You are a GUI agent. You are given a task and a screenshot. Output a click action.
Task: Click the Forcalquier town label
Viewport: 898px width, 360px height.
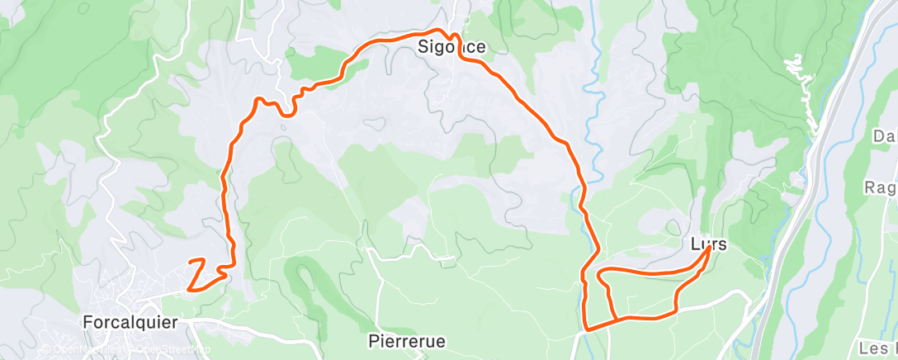130,322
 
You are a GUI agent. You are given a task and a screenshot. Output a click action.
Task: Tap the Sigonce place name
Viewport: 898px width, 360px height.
451,48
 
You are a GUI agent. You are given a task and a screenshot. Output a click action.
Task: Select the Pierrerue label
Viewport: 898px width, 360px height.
406,340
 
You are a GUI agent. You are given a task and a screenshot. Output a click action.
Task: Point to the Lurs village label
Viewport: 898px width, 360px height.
709,244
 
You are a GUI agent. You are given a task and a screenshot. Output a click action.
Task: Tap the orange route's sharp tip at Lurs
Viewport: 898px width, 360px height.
709,249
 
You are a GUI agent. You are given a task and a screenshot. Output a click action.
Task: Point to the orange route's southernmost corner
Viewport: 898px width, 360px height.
586,329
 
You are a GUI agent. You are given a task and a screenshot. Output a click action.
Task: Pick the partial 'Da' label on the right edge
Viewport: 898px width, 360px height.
885,135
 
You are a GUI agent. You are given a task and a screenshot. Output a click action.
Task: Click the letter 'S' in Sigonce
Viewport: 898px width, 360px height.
422,48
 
